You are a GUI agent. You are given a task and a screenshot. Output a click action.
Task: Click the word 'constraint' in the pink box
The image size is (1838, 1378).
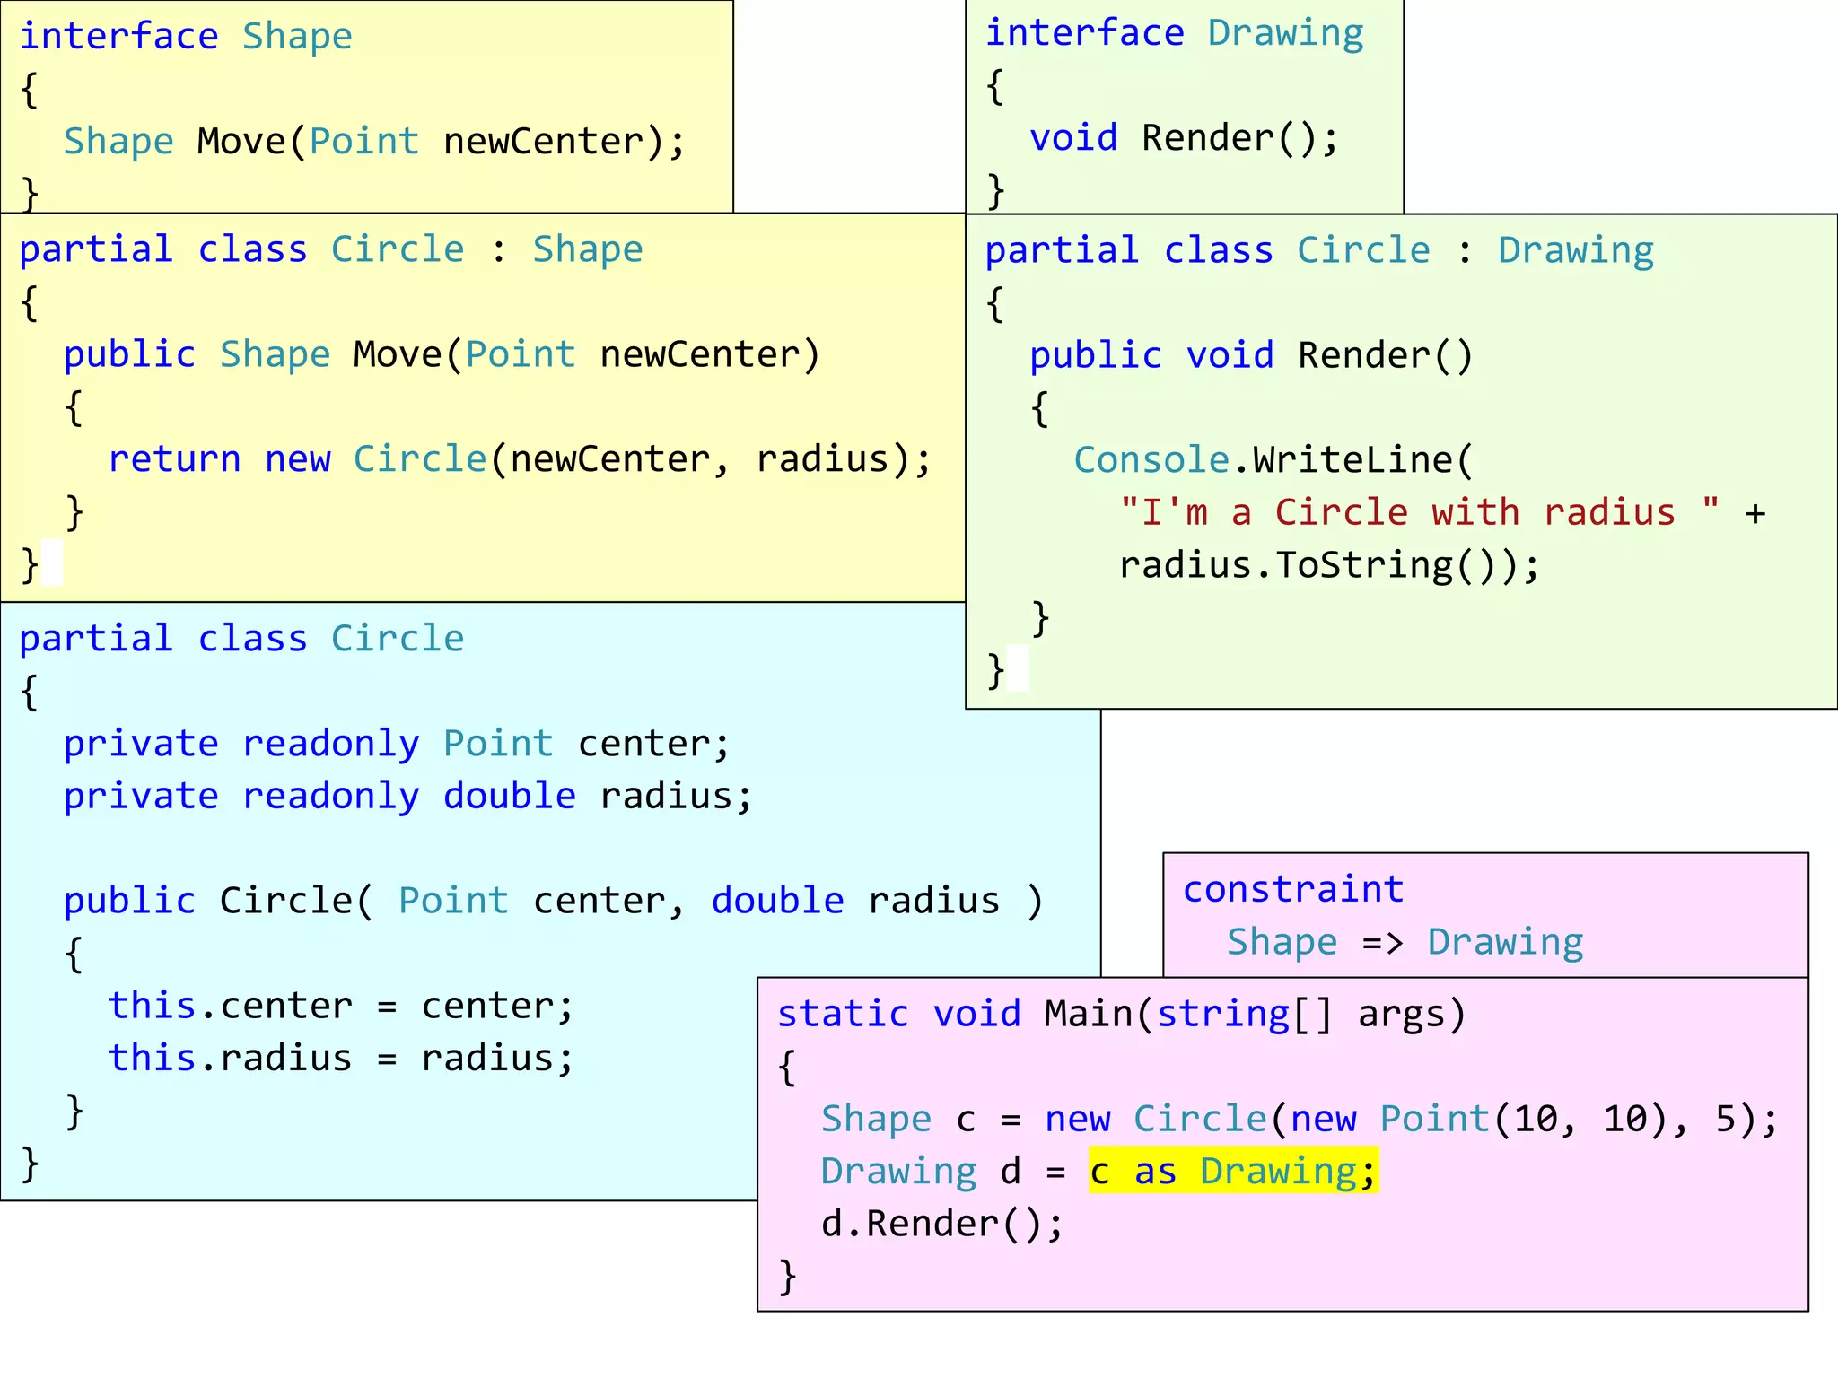[1293, 890]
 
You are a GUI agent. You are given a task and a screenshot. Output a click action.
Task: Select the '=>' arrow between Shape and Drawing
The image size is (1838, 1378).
[1382, 943]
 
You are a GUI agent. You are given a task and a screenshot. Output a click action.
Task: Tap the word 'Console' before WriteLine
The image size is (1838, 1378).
[1151, 460]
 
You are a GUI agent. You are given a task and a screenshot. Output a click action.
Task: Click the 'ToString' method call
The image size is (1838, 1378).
[1364, 565]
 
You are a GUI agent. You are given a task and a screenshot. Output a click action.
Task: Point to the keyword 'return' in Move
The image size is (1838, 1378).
[174, 459]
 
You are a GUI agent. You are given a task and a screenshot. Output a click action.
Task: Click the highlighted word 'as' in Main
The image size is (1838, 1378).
[1155, 1172]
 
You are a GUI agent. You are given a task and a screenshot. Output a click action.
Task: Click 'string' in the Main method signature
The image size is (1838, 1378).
[1222, 1014]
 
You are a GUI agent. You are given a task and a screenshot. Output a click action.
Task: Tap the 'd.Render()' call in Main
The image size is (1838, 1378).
[941, 1224]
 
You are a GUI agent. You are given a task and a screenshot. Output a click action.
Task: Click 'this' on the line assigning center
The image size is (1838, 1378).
[152, 1006]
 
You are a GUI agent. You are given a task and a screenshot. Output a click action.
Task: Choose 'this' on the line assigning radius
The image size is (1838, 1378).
[152, 1059]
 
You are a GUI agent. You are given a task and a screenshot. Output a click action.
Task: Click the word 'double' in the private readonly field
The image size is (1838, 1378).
[509, 797]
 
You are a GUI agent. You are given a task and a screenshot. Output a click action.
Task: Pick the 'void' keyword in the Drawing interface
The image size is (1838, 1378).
[1073, 138]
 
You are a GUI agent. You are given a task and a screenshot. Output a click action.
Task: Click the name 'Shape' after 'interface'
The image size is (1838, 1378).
[297, 37]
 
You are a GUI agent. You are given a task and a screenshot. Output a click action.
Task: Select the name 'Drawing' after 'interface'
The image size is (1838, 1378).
[1285, 33]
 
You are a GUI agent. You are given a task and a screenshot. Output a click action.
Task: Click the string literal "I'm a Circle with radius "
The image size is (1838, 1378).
[1419, 513]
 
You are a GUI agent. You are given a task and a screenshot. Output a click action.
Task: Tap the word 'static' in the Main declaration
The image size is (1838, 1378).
[843, 1014]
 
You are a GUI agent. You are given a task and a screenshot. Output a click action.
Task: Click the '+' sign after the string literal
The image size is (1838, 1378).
[1755, 513]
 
